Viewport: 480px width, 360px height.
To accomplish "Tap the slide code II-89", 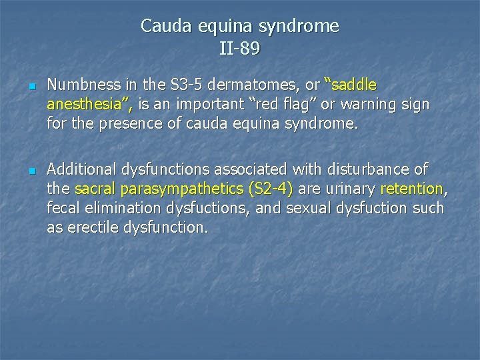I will [x=239, y=49].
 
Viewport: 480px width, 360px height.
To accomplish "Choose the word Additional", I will [x=80, y=169].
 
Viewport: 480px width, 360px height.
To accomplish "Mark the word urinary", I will [x=350, y=189].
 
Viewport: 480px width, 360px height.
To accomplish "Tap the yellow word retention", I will [x=411, y=189].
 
